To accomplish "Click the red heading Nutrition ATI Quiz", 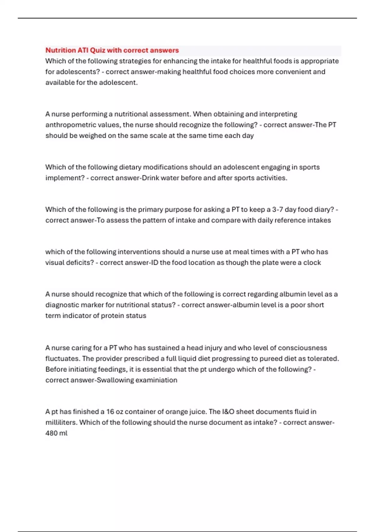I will (112, 50).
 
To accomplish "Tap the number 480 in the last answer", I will (51, 433).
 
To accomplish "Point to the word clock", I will (312, 263).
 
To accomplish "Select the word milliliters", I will (61, 422).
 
